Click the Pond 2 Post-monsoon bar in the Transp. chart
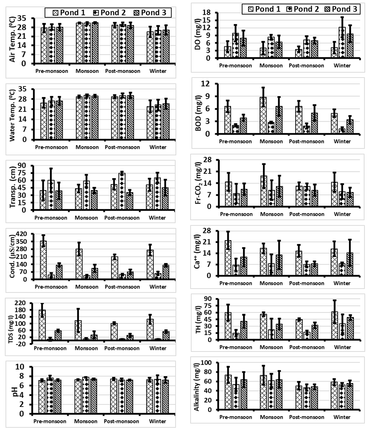pos(122,192)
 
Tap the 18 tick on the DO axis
pos(207,13)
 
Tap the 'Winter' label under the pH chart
pos(158,421)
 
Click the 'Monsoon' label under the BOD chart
pos(271,141)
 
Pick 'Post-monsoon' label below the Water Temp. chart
pos(122,147)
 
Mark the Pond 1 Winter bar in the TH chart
pos(335,326)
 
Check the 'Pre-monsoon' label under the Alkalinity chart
pos(236,417)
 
